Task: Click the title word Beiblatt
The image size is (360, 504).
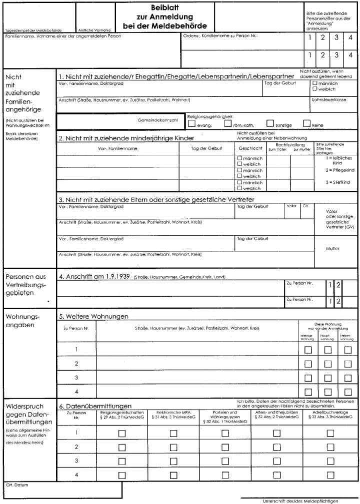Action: pyautogui.click(x=161, y=8)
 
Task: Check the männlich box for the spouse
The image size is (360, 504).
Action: pyautogui.click(x=314, y=83)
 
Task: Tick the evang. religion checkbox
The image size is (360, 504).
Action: pyautogui.click(x=191, y=123)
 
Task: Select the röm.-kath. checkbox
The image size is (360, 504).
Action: pyautogui.click(x=228, y=123)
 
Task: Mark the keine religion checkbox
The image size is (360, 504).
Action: pyautogui.click(x=306, y=123)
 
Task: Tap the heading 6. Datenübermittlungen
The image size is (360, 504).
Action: pyautogui.click(x=95, y=406)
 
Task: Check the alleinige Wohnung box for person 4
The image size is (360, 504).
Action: pyautogui.click(x=308, y=392)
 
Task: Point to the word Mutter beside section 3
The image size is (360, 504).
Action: pyautogui.click(x=332, y=248)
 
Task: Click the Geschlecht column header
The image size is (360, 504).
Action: pyautogui.click(x=248, y=149)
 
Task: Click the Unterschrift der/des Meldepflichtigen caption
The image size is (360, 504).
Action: pyautogui.click(x=300, y=501)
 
